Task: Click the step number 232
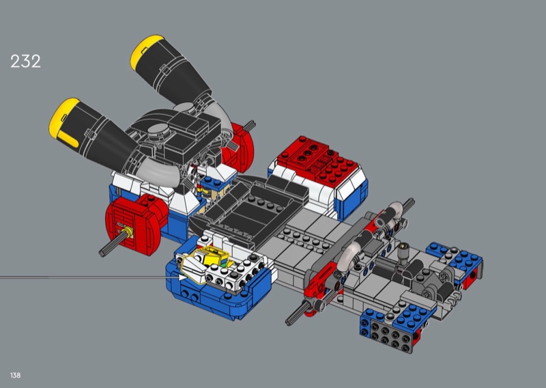pyautogui.click(x=25, y=61)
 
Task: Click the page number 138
pyautogui.click(x=15, y=375)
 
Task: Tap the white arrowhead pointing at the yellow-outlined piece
pyautogui.click(x=182, y=277)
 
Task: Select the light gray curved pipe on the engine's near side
pyautogui.click(x=160, y=173)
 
